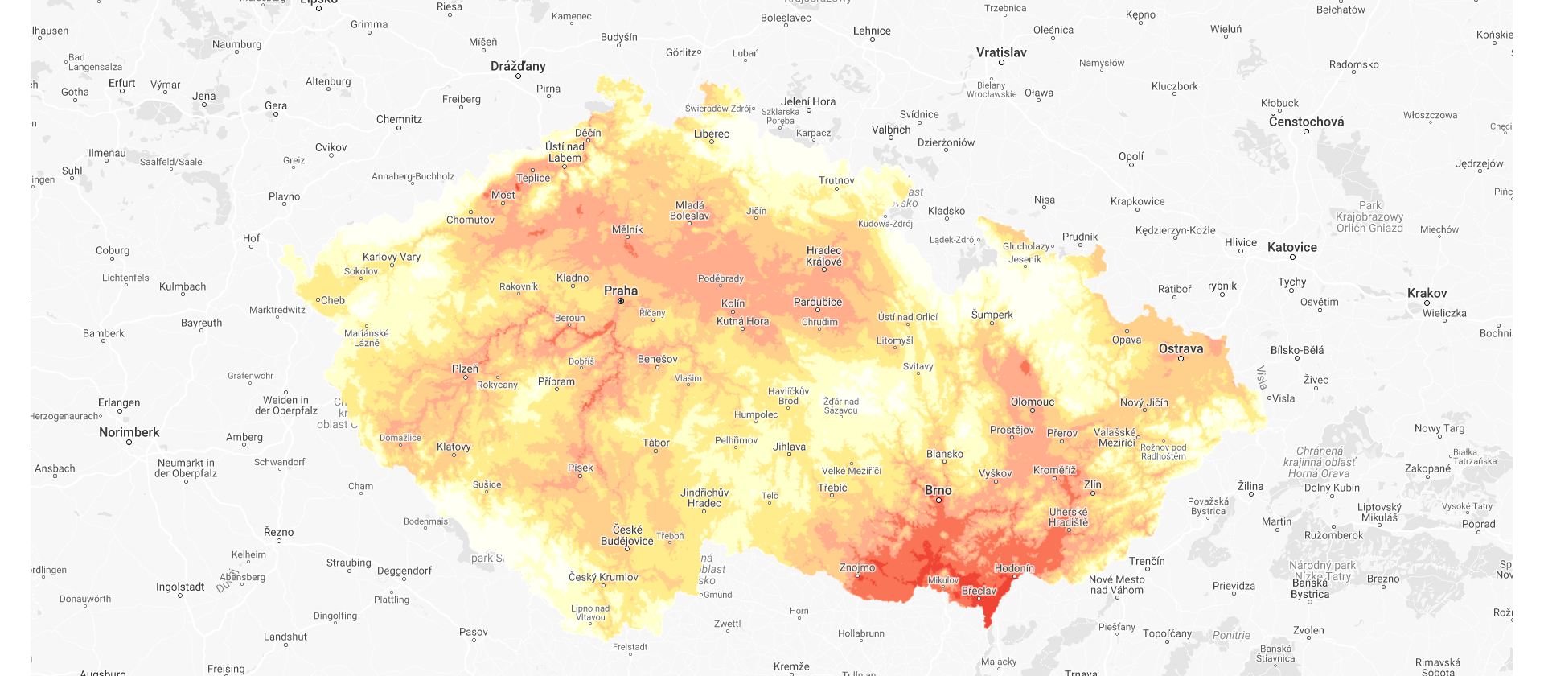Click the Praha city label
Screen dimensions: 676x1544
[621, 291]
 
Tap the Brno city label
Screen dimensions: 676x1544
[938, 490]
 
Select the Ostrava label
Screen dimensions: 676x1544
[1181, 348]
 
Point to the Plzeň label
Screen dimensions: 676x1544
[465, 369]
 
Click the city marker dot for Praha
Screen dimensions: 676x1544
[621, 301]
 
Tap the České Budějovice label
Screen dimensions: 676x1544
[627, 535]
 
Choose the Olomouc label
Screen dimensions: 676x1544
[1032, 402]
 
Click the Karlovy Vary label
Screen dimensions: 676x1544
[392, 257]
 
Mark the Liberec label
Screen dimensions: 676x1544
[712, 134]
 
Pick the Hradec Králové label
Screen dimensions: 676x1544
[824, 256]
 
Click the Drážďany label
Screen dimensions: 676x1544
[518, 66]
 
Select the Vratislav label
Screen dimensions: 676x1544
[1001, 52]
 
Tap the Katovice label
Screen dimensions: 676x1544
[1291, 247]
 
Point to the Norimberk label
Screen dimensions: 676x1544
[129, 432]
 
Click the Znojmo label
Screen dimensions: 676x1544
[857, 567]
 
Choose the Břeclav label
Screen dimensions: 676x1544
[979, 591]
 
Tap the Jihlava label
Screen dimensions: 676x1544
[789, 447]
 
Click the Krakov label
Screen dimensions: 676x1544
[1427, 293]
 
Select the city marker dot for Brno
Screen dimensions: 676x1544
[938, 501]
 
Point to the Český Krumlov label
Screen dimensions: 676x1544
[603, 577]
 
